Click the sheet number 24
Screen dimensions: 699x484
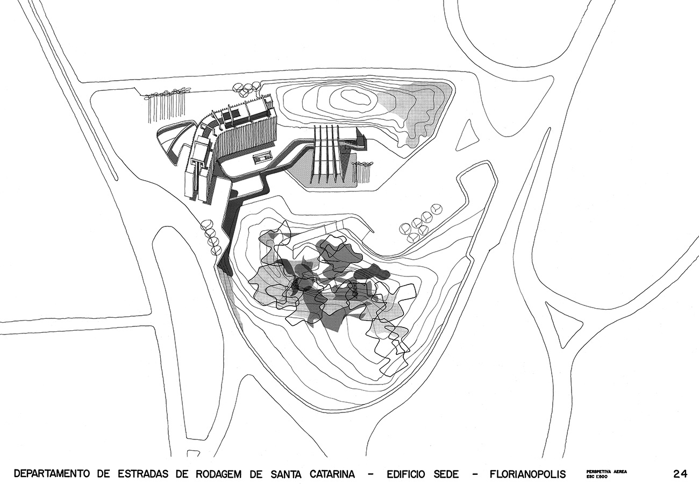680,474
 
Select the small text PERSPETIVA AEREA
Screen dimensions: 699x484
604,472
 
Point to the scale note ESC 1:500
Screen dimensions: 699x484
596,476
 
